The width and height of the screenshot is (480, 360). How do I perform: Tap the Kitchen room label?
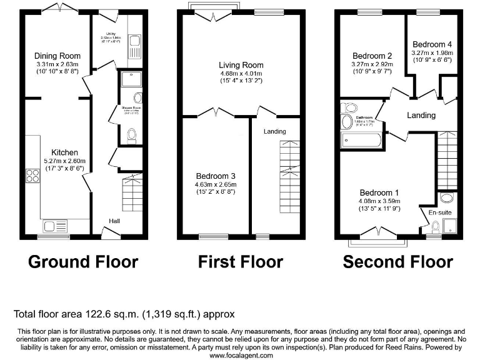[64, 152]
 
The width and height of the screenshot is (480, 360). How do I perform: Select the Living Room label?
[241, 65]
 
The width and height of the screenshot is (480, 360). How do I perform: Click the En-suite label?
[440, 213]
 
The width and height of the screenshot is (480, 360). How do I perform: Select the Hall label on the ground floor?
[115, 221]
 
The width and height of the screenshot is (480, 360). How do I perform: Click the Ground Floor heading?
[83, 261]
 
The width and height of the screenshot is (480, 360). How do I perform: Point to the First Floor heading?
[241, 261]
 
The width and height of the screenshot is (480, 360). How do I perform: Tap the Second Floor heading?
[397, 261]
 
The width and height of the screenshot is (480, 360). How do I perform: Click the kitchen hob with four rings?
[31, 176]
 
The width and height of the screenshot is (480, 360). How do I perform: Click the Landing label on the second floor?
[421, 116]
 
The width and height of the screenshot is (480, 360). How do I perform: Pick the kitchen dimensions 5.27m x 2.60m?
[64, 161]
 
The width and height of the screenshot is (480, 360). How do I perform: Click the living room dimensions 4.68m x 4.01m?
[241, 73]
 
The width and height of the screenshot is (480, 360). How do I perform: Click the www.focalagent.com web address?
[241, 355]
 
